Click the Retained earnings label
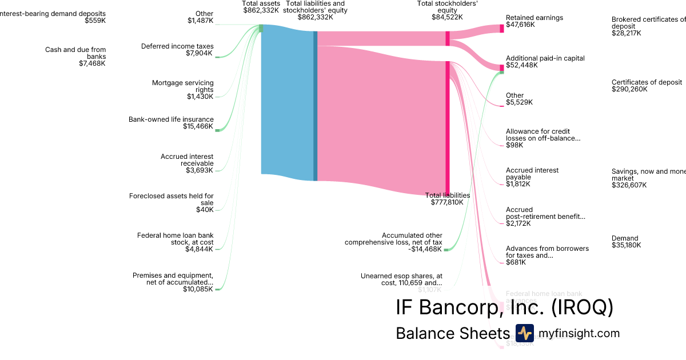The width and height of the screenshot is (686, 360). tap(534, 18)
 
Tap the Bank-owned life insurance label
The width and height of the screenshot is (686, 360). tap(171, 119)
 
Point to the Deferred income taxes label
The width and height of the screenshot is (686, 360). tap(177, 46)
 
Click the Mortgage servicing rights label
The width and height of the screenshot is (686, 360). tap(183, 86)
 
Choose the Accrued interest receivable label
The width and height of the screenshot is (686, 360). tap(187, 159)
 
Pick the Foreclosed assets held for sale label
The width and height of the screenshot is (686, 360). tap(171, 199)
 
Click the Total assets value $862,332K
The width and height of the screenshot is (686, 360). tap(261, 10)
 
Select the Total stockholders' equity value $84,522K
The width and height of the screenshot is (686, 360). tap(447, 17)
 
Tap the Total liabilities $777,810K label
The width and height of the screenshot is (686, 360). tap(448, 199)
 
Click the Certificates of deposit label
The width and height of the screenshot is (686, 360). tap(647, 82)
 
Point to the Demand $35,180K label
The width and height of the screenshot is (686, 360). tap(626, 242)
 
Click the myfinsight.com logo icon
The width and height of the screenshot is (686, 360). tap(524, 333)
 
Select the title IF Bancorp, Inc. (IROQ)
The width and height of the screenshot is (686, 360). tap(504, 307)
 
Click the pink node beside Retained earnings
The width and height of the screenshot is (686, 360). tap(502, 28)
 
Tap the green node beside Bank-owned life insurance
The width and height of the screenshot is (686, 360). tap(217, 130)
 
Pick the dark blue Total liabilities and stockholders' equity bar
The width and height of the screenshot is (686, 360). tap(315, 106)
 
